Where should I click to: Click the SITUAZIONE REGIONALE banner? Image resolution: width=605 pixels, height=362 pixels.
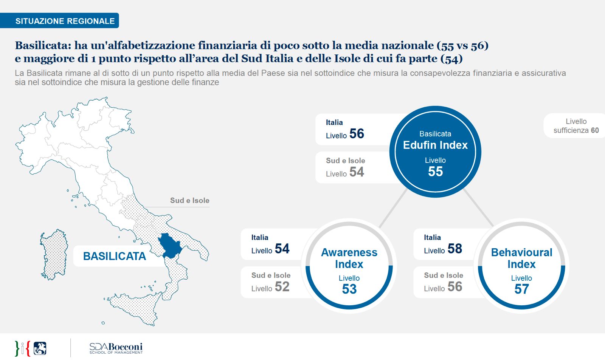65,21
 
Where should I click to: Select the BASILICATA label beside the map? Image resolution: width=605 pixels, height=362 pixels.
114,256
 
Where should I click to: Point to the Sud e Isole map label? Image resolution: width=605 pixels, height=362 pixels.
189,201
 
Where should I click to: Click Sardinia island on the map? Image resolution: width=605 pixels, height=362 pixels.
54,254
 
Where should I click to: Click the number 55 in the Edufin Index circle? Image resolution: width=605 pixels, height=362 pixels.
435,172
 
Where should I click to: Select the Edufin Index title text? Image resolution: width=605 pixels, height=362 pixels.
435,145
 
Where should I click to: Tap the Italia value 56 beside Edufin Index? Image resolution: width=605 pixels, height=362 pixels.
356,134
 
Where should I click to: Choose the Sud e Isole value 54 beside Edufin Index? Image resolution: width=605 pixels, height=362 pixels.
356,172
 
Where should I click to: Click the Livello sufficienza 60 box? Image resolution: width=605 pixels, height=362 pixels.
576,126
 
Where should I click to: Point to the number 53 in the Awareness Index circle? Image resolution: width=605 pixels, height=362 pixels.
349,289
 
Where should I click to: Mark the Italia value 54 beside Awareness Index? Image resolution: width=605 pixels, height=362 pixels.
282,249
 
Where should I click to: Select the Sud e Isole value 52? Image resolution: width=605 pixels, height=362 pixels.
282,287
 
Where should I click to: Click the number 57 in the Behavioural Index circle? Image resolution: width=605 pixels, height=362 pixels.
521,289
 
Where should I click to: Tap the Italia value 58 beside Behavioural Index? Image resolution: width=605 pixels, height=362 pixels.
455,249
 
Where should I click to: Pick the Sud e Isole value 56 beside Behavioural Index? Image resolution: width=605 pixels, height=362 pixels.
455,287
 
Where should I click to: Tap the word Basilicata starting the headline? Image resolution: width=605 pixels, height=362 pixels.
43,46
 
